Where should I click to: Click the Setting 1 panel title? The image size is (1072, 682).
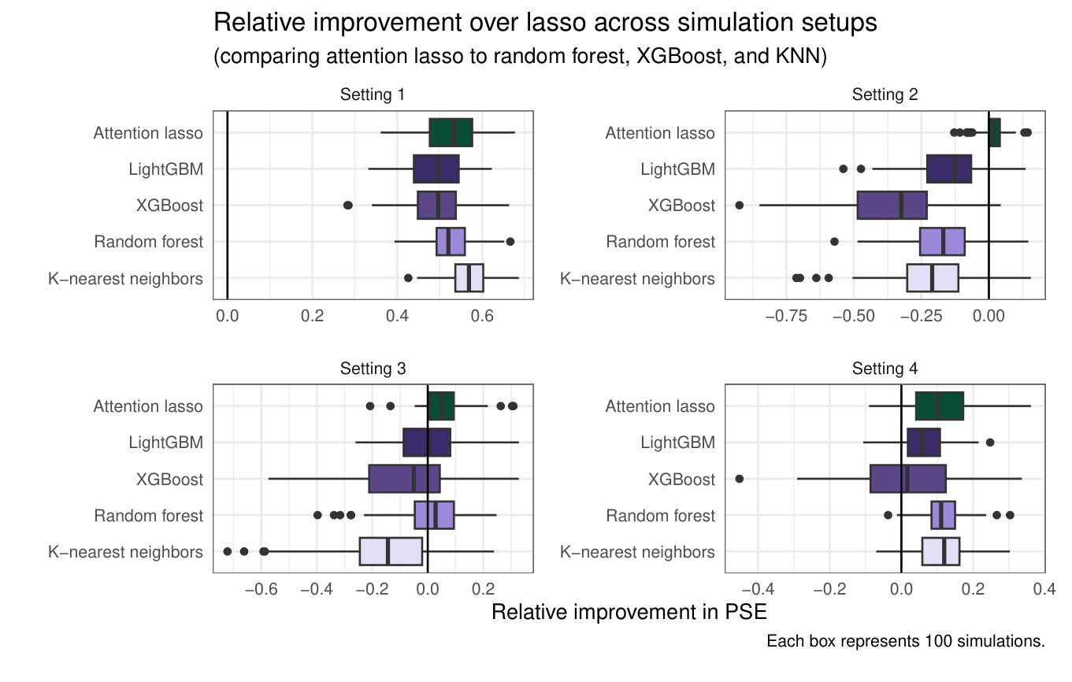click(373, 95)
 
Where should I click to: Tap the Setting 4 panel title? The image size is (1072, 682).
click(885, 369)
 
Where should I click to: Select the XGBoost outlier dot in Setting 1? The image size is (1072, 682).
click(348, 205)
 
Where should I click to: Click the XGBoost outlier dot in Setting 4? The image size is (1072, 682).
click(739, 479)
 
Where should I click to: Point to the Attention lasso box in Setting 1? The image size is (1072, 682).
click(451, 132)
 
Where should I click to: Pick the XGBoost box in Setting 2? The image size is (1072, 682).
click(892, 205)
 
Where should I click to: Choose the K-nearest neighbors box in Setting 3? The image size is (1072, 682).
click(391, 551)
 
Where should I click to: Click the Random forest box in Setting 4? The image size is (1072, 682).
click(943, 515)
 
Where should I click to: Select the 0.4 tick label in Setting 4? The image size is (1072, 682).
click(1044, 589)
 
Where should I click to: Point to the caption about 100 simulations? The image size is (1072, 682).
click(905, 642)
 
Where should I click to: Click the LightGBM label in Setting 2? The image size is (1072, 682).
click(677, 169)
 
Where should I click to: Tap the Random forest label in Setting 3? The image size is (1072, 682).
click(148, 516)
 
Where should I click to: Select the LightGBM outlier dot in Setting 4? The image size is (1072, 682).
click(990, 443)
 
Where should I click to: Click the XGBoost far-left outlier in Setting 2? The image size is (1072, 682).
click(739, 205)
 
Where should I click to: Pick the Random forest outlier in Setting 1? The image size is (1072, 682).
click(510, 241)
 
